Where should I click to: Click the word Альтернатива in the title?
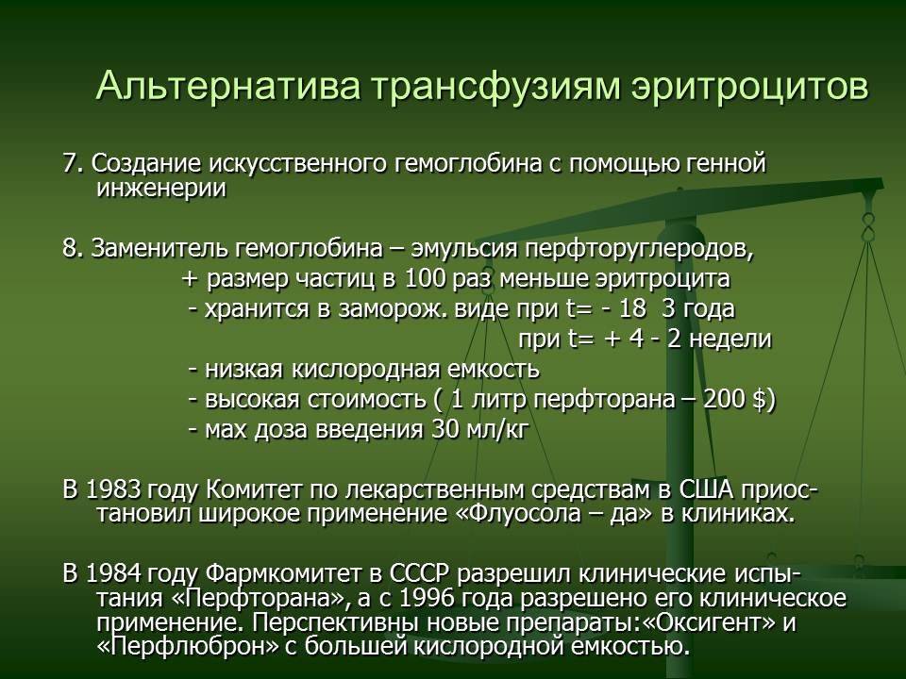pyautogui.click(x=228, y=86)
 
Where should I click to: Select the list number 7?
pyautogui.click(x=74, y=164)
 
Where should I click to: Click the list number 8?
pyautogui.click(x=74, y=249)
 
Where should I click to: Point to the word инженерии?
pyautogui.click(x=161, y=190)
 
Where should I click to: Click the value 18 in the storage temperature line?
pyautogui.click(x=631, y=309)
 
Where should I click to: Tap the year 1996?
pyautogui.click(x=428, y=598)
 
